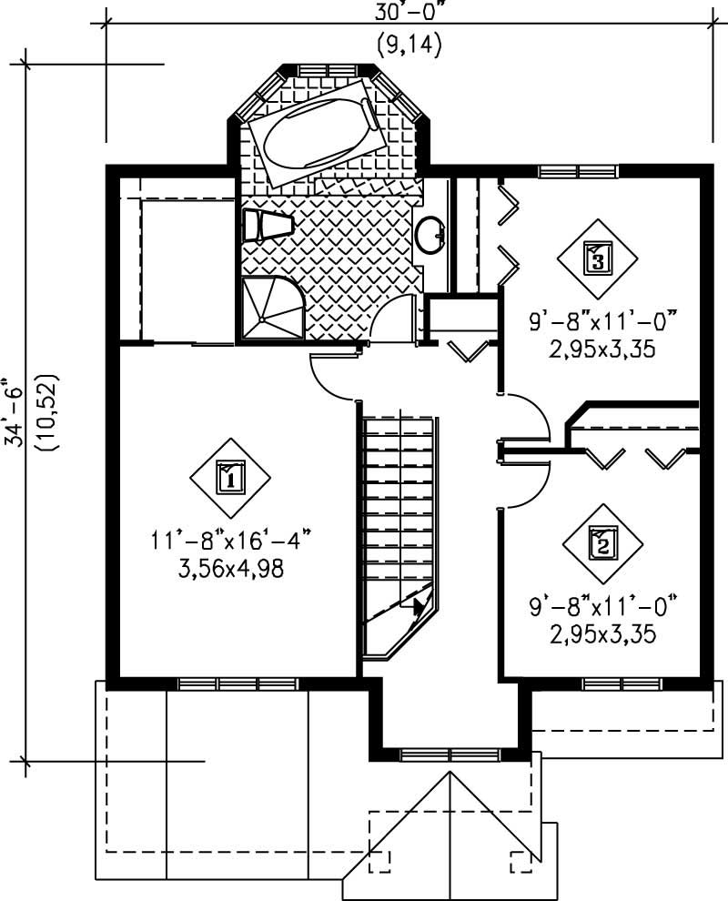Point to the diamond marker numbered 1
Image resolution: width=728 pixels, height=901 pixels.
(231, 476)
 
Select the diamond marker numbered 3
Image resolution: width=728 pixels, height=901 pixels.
(597, 259)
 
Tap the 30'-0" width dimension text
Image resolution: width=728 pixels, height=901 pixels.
(407, 13)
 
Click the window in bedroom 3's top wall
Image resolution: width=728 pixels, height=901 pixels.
(577, 170)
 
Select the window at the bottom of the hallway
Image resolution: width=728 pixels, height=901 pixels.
(450, 754)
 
